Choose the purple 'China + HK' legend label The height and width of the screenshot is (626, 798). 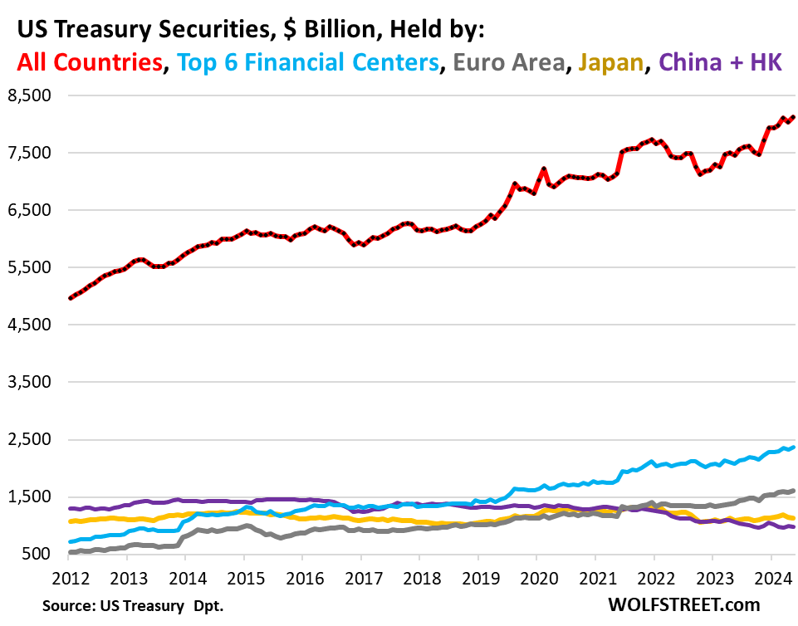click(721, 62)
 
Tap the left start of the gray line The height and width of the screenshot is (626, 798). click(70, 551)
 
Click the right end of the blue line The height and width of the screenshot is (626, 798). click(793, 447)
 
